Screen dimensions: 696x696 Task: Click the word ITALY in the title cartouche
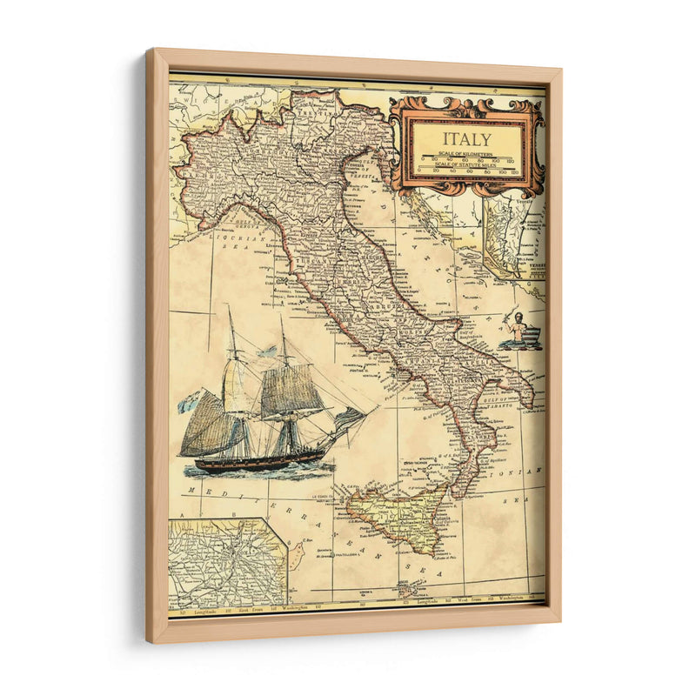pos(466,138)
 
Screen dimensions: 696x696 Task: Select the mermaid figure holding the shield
pos(519,331)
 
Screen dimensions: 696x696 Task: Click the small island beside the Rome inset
pos(297,552)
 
